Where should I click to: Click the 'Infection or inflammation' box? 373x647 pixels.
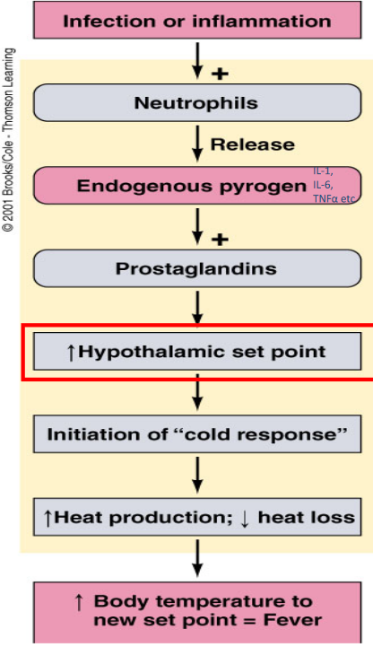pos(196,19)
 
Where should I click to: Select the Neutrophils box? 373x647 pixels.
pos(196,103)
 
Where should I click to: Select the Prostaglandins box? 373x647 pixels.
pos(196,268)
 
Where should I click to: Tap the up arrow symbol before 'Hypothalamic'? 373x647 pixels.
pos(71,352)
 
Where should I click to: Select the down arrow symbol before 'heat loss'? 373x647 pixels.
pos(245,518)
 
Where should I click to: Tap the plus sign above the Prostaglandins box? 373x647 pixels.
pos(219,239)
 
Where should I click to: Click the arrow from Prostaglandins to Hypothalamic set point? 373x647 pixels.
pos(196,308)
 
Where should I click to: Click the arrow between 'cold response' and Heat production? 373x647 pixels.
pos(196,475)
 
